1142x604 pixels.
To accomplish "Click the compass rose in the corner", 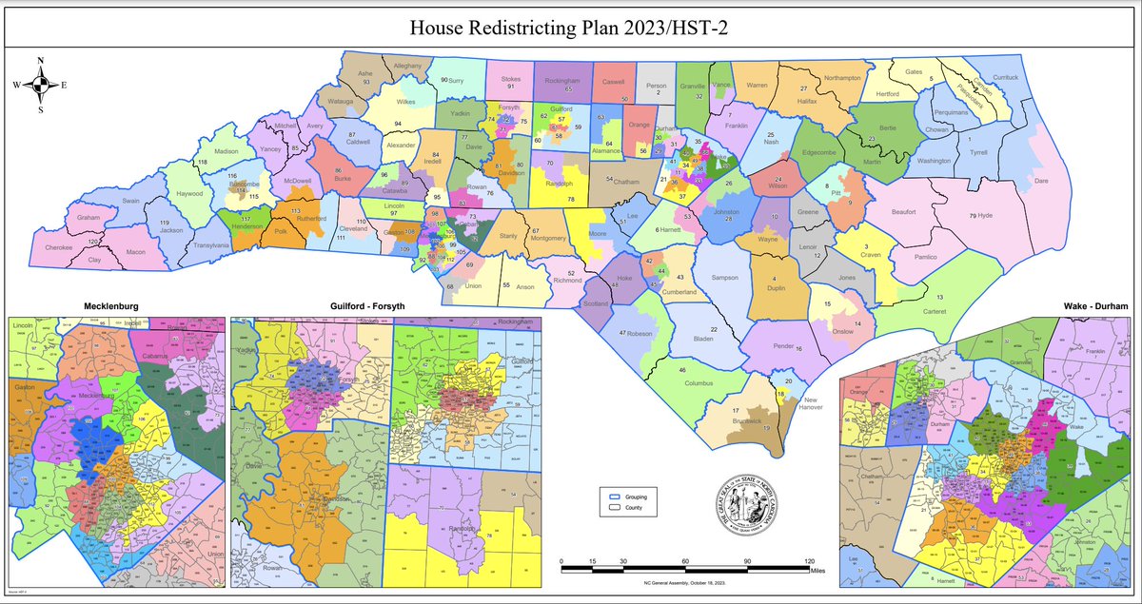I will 39,85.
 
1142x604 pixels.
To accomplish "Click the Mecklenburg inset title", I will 116,306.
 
